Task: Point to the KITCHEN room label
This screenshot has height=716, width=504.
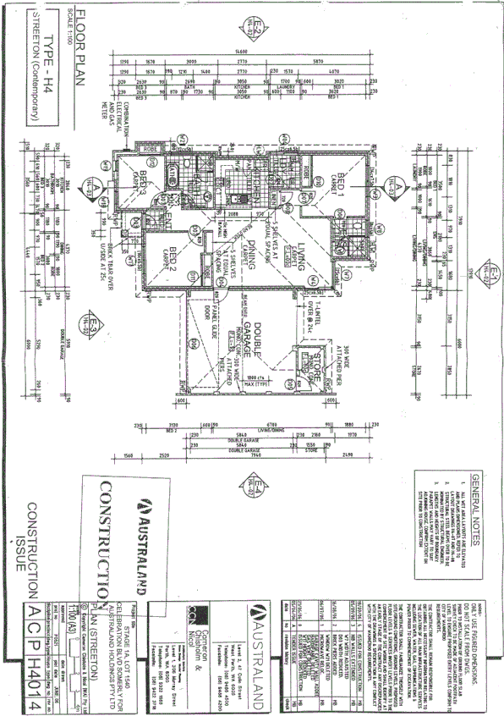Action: [x=235, y=179]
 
